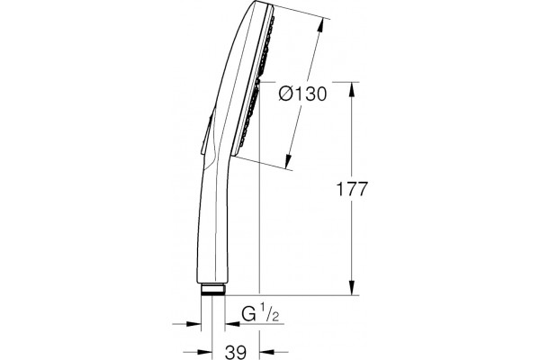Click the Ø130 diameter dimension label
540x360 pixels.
coord(302,94)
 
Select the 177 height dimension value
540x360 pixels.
coord(352,189)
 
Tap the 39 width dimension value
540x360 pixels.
coord(236,352)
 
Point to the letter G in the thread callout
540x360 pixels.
coord(248,313)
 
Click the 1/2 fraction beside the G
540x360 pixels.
coord(269,312)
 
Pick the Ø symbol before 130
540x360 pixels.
coord(287,94)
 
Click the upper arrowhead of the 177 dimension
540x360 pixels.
coord(352,90)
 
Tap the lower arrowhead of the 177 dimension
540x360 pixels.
coord(352,288)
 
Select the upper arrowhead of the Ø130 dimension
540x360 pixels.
coord(320,24)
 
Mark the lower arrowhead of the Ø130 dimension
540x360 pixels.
coord(289,162)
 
